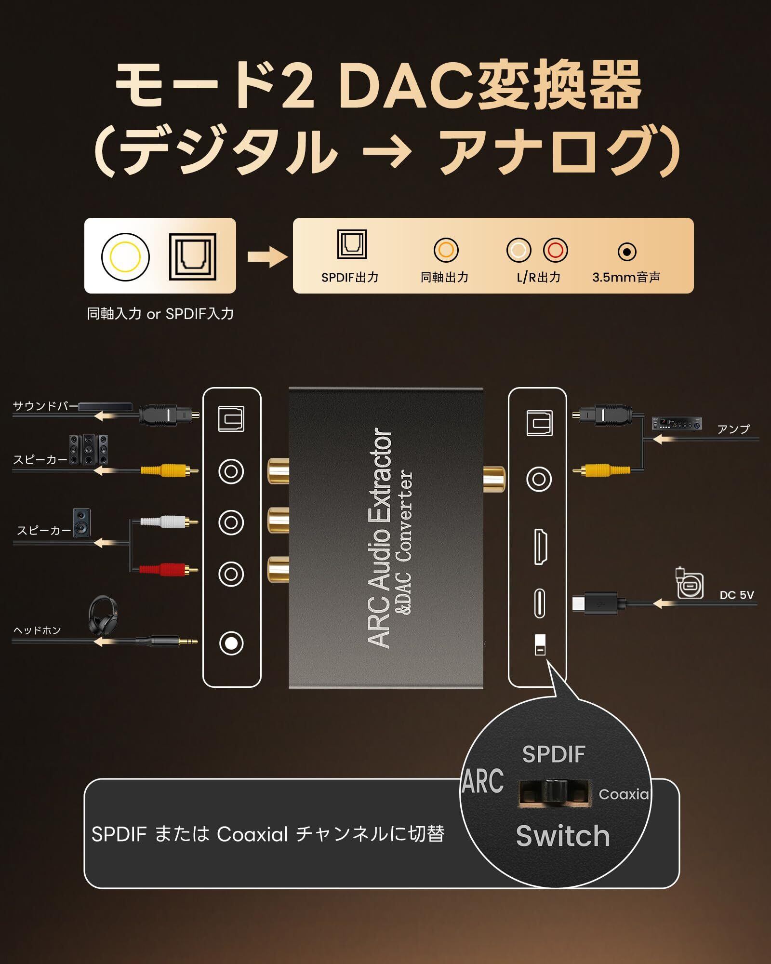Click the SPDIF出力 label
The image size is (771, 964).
(x=350, y=277)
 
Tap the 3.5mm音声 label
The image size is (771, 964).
(x=626, y=277)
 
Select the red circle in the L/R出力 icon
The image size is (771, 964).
(x=555, y=250)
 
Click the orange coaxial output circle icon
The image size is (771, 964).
(x=446, y=250)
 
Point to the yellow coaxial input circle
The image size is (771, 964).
(x=125, y=256)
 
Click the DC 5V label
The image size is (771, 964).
(x=736, y=595)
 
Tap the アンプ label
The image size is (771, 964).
(x=733, y=429)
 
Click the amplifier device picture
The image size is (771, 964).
(x=677, y=424)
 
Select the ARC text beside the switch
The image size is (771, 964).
(x=483, y=781)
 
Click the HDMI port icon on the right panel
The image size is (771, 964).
(x=540, y=546)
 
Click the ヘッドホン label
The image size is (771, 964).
(x=37, y=630)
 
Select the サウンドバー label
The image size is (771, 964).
(x=45, y=406)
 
